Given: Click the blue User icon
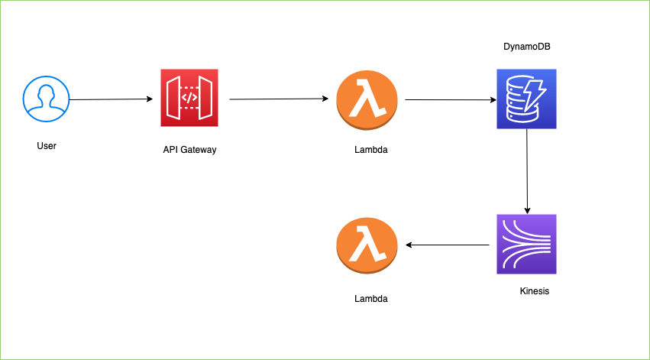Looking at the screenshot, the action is click(x=46, y=99).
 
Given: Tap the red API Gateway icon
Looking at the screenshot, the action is click(x=189, y=98).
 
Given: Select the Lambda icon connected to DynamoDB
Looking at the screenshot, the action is click(x=367, y=100).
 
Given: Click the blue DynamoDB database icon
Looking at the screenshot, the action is click(x=526, y=99).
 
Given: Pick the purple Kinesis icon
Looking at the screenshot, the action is click(x=526, y=244).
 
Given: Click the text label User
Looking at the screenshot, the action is click(x=47, y=146).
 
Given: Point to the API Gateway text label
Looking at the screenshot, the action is click(x=189, y=150).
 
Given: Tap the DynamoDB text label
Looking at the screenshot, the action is click(x=527, y=47).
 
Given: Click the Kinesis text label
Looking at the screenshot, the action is click(x=535, y=291).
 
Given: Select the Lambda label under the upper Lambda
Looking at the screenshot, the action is click(x=371, y=150).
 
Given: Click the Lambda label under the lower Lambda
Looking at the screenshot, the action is click(x=371, y=299).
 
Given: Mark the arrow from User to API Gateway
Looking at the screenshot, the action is click(x=111, y=99).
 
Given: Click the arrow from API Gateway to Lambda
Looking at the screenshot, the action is click(x=279, y=99).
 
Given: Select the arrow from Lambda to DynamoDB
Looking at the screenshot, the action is click(x=451, y=99).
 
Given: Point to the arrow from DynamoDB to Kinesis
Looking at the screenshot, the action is click(x=527, y=171).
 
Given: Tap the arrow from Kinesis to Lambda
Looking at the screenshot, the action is click(x=448, y=245).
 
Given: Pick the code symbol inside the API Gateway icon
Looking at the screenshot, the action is click(x=189, y=99).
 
